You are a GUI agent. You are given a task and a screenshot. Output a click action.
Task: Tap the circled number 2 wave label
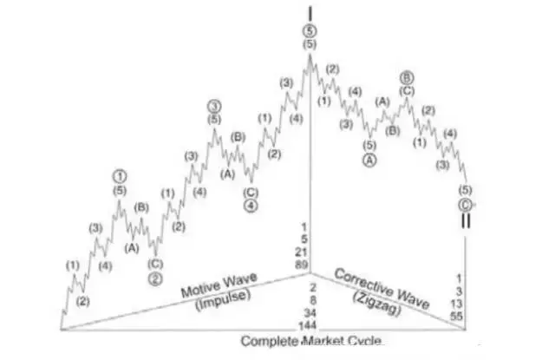click(x=155, y=278)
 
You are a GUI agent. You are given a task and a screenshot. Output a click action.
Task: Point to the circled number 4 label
click(x=250, y=206)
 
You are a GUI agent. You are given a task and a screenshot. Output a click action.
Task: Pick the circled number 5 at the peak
click(x=310, y=29)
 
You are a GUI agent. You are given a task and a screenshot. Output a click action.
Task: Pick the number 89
click(x=301, y=264)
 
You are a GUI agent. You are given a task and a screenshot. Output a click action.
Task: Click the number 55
click(x=456, y=317)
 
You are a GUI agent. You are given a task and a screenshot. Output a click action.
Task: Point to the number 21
click(x=301, y=252)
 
